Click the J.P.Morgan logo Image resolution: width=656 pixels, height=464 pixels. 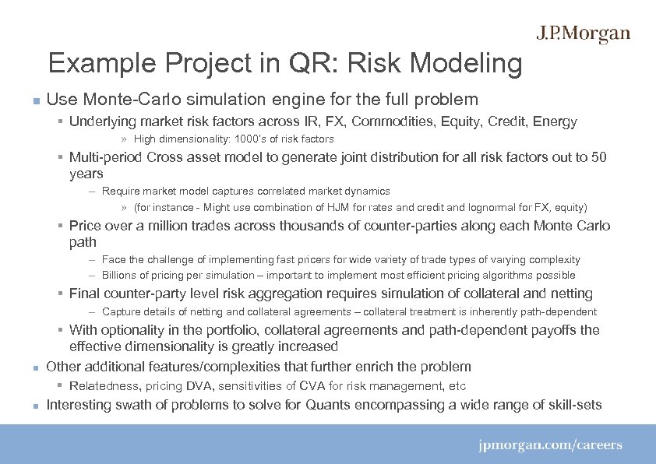pos(583,34)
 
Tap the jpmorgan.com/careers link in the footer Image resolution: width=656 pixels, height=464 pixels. pos(550,445)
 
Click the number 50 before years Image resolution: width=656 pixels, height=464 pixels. pos(599,158)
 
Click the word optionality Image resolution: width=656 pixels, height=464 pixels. pos(137,330)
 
